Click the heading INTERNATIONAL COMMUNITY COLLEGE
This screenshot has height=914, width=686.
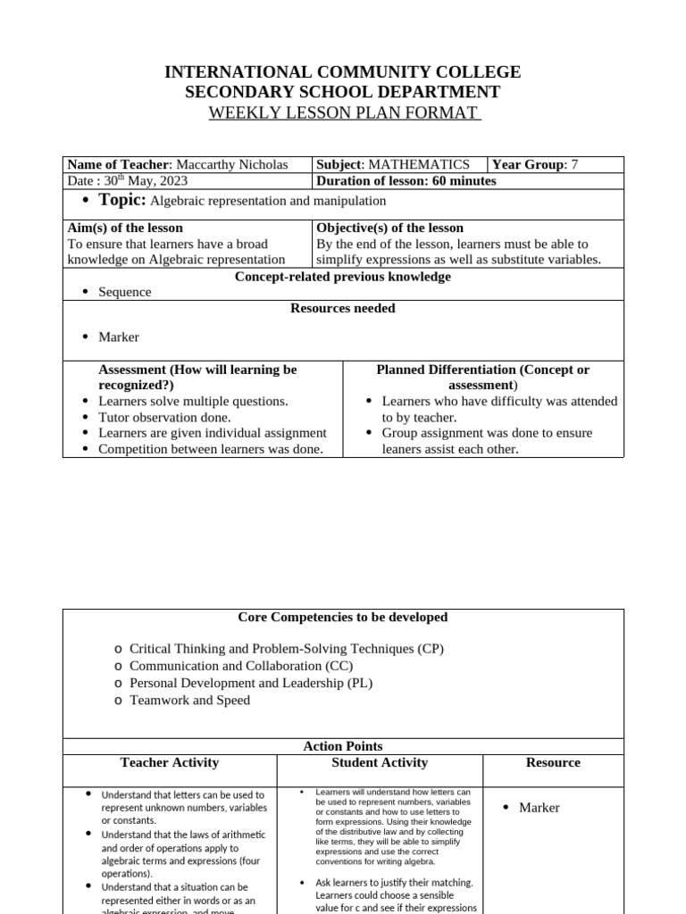(x=342, y=72)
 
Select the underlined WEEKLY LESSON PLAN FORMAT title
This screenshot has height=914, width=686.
(x=344, y=113)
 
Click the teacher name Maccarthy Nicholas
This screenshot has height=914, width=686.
(x=231, y=164)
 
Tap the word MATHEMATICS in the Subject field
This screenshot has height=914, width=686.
(x=419, y=164)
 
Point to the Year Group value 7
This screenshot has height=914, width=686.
(x=574, y=164)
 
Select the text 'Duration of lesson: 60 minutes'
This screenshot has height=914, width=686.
(x=406, y=181)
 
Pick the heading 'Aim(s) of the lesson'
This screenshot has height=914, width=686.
(x=125, y=228)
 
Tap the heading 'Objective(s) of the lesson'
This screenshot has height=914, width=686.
(x=389, y=228)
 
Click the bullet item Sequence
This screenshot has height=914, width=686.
(x=125, y=292)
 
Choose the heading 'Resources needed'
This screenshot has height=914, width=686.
(x=343, y=308)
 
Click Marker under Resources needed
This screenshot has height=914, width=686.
(x=119, y=337)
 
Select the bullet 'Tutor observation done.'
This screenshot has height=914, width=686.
(x=164, y=417)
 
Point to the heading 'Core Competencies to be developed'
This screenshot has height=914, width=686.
(x=343, y=617)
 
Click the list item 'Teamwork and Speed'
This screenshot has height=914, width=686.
(x=189, y=700)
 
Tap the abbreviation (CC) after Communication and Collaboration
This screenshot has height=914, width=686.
(x=339, y=666)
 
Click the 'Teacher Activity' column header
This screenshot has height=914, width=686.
(x=170, y=762)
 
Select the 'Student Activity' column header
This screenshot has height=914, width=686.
(x=380, y=762)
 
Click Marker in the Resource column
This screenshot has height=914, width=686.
(x=540, y=807)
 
